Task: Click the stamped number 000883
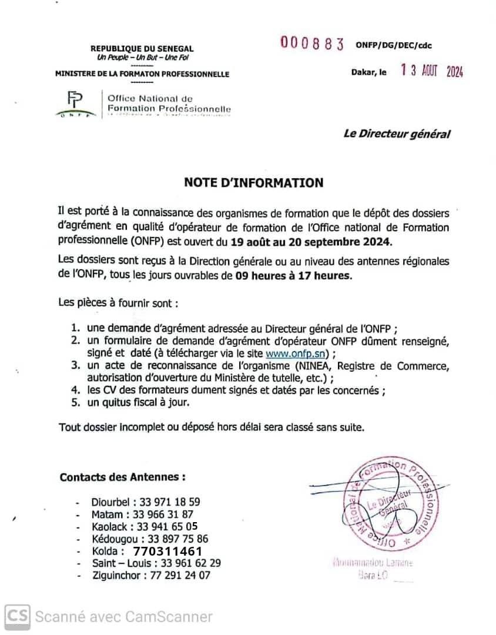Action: click(311, 44)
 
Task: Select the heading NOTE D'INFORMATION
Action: click(253, 183)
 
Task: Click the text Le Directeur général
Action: click(397, 134)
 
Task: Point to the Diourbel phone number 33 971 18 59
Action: click(170, 502)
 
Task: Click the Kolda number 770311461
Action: click(168, 552)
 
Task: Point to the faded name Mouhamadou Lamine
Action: click(373, 563)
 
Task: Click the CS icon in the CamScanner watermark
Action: click(18, 616)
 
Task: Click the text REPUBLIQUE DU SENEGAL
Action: click(142, 49)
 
